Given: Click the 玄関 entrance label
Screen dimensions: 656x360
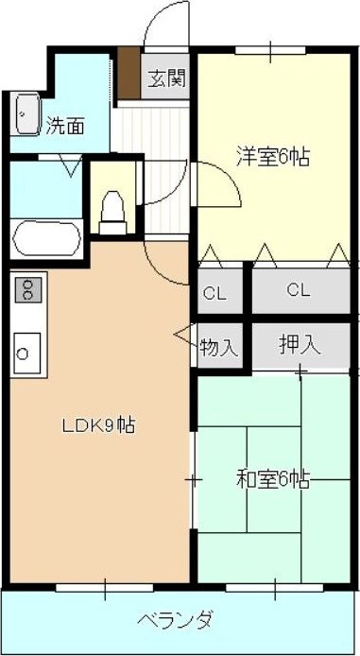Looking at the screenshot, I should point(165,78).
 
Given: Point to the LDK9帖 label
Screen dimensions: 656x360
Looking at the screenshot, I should point(98,425).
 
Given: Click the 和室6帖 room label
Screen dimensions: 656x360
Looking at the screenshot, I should point(274,479).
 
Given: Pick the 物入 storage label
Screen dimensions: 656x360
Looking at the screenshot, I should point(218,347).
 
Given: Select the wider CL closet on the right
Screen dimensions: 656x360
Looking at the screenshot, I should point(299,290).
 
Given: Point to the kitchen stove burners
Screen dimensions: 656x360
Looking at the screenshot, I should point(26,287).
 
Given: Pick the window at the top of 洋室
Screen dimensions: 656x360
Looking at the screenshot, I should point(268,48).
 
